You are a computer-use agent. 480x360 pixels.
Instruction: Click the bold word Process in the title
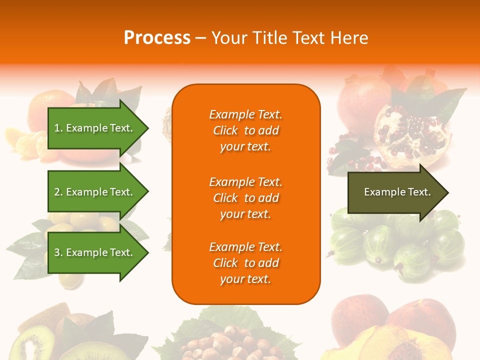point(157,38)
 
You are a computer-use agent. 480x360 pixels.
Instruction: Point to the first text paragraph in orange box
point(245,130)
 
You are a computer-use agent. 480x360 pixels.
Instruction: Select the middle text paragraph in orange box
point(245,198)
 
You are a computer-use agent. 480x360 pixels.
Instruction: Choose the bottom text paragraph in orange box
point(245,263)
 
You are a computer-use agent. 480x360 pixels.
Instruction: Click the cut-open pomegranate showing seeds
point(410,135)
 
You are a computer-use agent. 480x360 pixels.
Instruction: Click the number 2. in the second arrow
point(58,192)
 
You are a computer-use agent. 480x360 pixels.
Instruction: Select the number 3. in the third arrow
point(58,253)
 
